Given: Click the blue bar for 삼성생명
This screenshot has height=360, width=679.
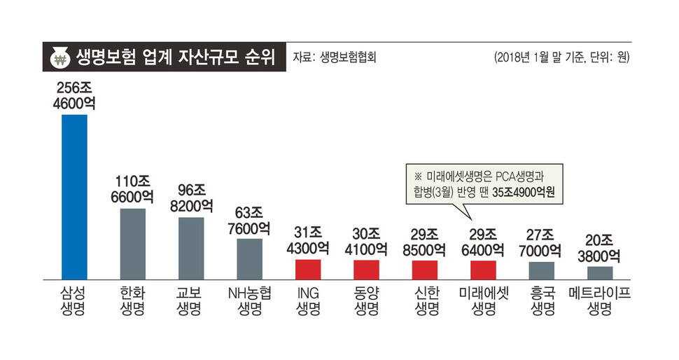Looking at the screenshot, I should pyautogui.click(x=74, y=197).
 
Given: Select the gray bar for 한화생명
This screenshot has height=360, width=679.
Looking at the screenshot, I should pyautogui.click(x=132, y=244).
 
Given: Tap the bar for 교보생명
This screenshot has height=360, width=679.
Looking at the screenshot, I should pyautogui.click(x=191, y=249).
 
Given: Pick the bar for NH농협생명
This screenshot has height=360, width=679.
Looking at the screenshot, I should pyautogui.click(x=249, y=259).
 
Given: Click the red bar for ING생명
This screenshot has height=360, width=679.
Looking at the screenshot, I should pyautogui.click(x=308, y=270).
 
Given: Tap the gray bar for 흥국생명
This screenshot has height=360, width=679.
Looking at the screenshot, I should pyautogui.click(x=541, y=271).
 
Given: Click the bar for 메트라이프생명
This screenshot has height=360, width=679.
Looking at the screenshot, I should pyautogui.click(x=600, y=273).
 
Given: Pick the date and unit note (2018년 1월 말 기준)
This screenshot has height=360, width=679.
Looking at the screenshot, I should pyautogui.click(x=561, y=57).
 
